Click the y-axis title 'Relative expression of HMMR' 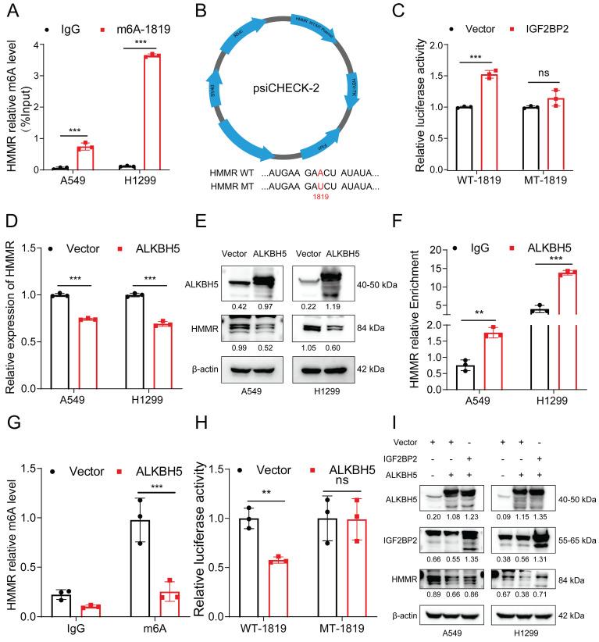coord(14,321)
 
